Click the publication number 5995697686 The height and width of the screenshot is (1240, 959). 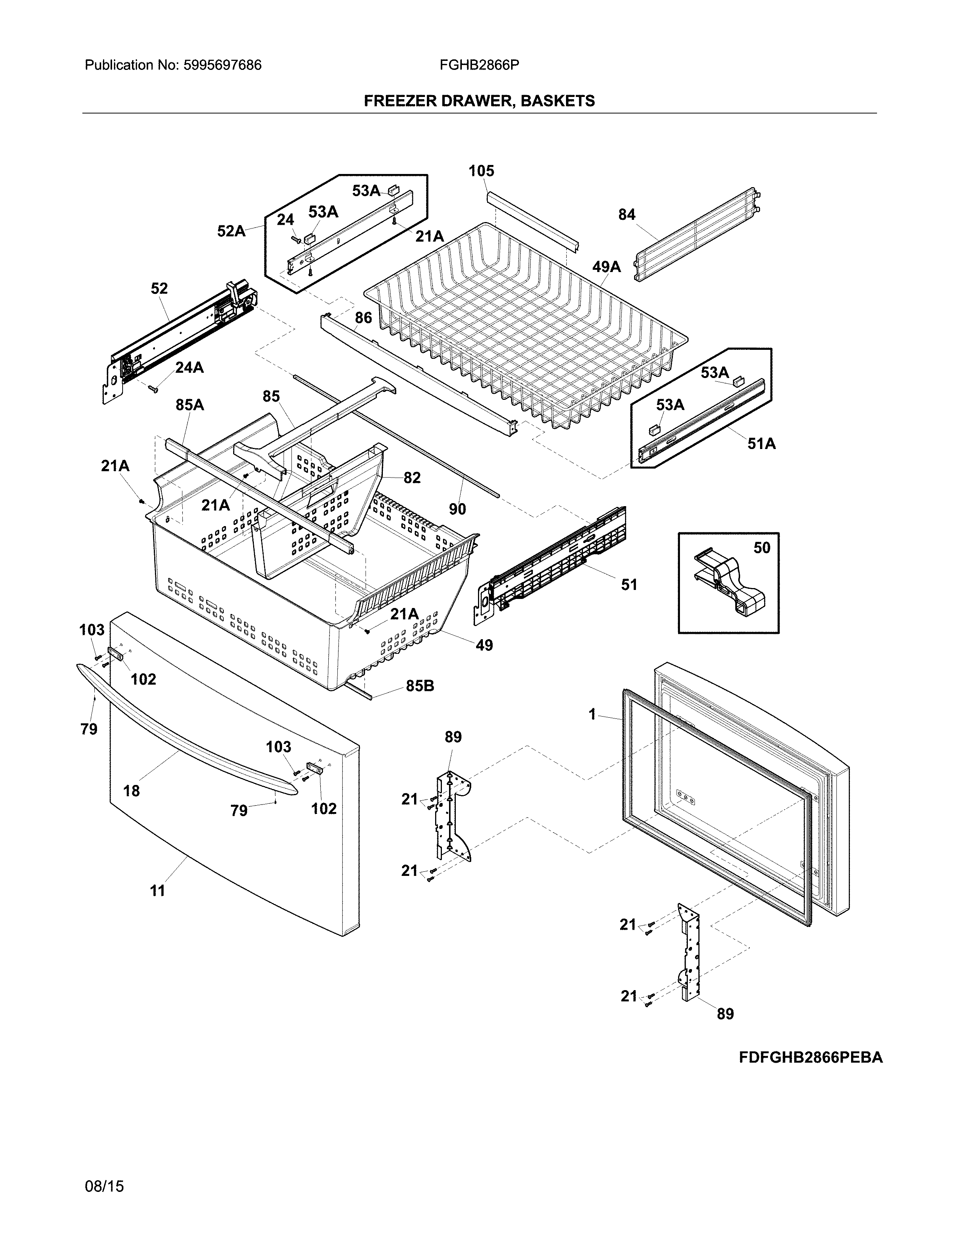click(222, 65)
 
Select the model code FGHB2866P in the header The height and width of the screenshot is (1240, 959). click(479, 65)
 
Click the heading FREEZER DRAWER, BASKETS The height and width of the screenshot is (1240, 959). click(479, 101)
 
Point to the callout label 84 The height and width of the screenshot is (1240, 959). click(627, 215)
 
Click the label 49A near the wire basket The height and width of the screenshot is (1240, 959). click(606, 266)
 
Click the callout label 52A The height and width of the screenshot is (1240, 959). click(231, 231)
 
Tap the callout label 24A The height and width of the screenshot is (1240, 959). click(189, 368)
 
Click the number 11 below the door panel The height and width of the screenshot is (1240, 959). click(157, 891)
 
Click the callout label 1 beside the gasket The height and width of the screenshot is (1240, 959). click(593, 714)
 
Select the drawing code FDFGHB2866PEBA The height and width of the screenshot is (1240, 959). click(811, 1058)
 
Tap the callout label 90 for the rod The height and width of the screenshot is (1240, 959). click(457, 509)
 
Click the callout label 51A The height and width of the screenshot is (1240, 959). click(761, 443)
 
